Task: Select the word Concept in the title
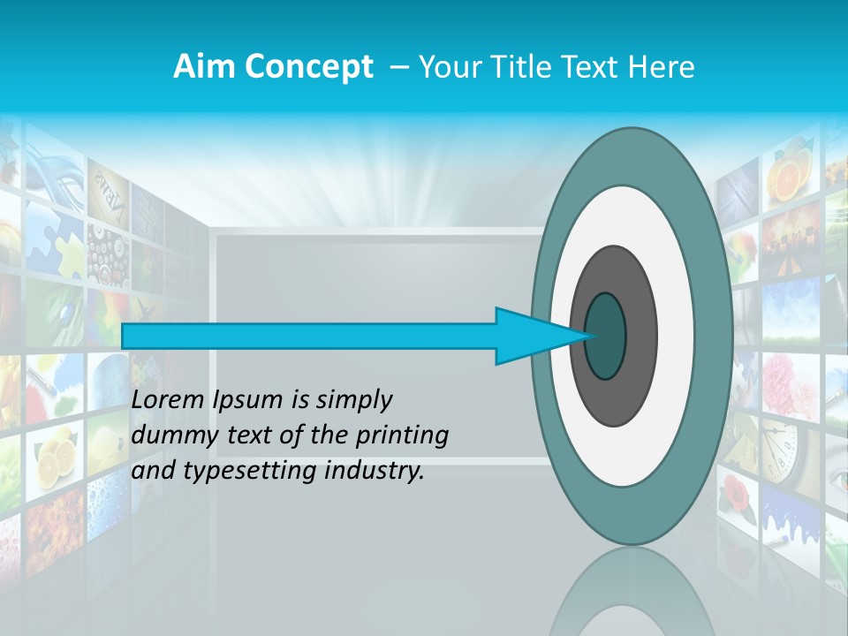click(310, 67)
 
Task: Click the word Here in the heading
click(662, 67)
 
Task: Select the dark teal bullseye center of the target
click(605, 336)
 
